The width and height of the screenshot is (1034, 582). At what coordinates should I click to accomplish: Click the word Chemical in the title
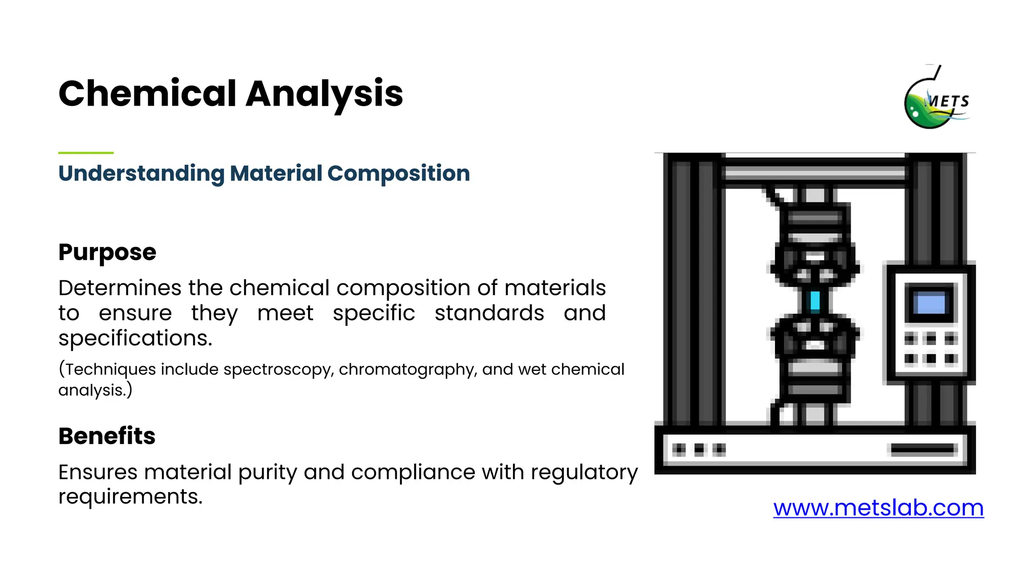[147, 94]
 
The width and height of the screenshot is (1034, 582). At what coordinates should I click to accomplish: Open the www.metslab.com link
[878, 508]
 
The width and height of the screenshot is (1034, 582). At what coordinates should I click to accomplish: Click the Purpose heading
[107, 252]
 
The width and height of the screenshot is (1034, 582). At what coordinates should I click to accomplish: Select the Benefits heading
[107, 436]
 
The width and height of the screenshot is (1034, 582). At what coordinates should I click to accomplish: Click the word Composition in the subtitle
[398, 173]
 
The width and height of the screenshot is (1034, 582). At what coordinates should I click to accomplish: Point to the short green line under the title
[86, 152]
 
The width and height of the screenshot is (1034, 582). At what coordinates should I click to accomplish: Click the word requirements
[130, 497]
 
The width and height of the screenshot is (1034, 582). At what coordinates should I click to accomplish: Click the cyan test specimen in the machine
[814, 301]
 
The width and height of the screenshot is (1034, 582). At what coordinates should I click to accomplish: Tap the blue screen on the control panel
[930, 304]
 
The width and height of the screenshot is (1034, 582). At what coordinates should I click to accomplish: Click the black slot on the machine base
[923, 449]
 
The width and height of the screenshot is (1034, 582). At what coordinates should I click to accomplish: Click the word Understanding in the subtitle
[141, 173]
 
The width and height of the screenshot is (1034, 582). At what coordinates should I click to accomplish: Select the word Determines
[120, 288]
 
